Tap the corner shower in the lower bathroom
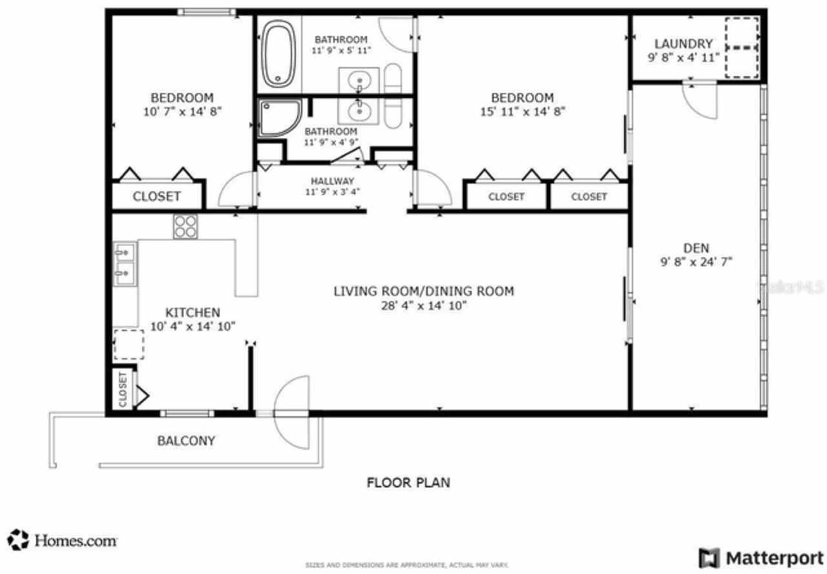tap(278, 118)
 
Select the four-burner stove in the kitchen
tap(185, 226)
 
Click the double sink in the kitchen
tap(125, 264)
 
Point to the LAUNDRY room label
tap(683, 44)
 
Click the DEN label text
tap(696, 248)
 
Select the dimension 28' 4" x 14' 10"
tap(423, 306)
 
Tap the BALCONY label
tap(186, 441)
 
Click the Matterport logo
tap(760, 557)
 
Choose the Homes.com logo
tap(63, 540)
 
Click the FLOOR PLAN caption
tap(408, 482)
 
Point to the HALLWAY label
tap(332, 181)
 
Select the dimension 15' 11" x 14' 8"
tap(522, 111)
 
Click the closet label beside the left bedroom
tap(156, 197)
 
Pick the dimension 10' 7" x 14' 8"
tap(182, 111)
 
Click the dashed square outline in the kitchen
tap(129, 345)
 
